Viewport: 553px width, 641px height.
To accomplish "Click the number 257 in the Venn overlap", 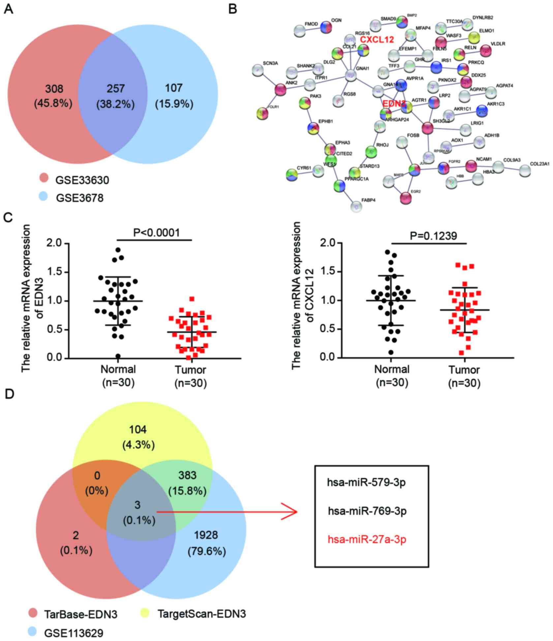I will (x=115, y=88).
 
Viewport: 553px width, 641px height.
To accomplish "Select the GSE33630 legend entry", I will (x=82, y=180).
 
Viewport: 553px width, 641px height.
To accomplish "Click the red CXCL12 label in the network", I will (x=377, y=40).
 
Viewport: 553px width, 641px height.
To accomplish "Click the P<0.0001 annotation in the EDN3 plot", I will (x=157, y=233).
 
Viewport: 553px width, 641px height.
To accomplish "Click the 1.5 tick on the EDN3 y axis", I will (x=54, y=272).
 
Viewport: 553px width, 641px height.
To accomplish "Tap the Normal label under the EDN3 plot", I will (x=118, y=369).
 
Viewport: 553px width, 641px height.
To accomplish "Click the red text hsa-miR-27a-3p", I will (x=367, y=539).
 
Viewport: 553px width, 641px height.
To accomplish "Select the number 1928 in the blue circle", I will (x=206, y=535).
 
